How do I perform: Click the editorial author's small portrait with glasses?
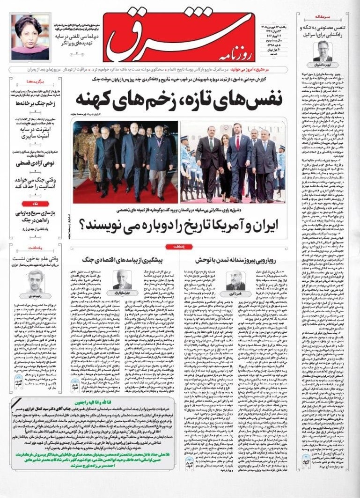point(323,51)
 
